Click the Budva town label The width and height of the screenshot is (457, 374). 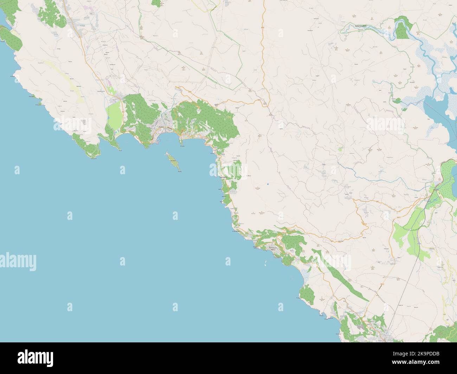click(x=162, y=127)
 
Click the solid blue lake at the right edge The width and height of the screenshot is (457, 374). click(x=436, y=112)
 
